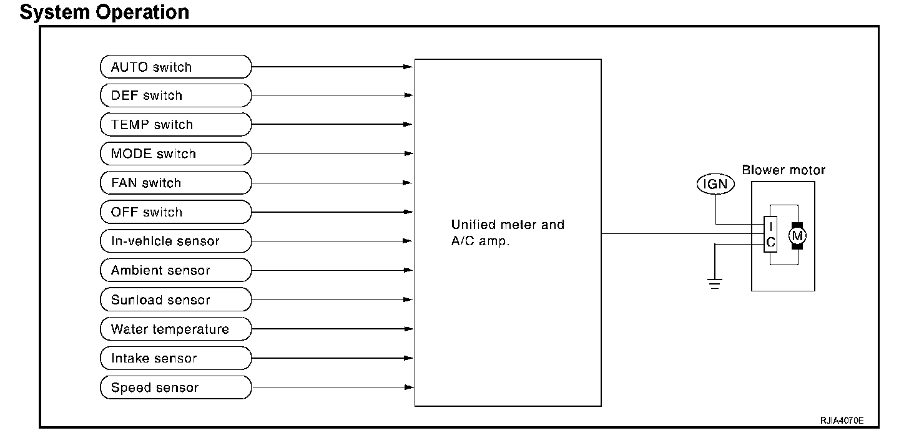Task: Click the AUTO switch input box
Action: (175, 66)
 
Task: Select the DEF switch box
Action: (175, 95)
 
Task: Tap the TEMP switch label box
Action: (175, 124)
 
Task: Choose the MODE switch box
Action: (175, 153)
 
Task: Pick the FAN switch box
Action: (175, 183)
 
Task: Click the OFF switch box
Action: (175, 212)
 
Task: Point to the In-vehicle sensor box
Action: (175, 241)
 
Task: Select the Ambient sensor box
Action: (175, 270)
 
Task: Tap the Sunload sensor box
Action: (175, 299)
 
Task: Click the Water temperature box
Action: (175, 329)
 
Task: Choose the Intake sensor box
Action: (175, 358)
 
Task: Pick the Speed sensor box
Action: (175, 387)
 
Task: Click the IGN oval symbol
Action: (715, 184)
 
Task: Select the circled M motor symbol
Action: (797, 235)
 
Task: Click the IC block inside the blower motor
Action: (771, 235)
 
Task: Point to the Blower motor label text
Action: (784, 170)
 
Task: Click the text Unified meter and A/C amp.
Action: (507, 233)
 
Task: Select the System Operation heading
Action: (104, 12)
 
